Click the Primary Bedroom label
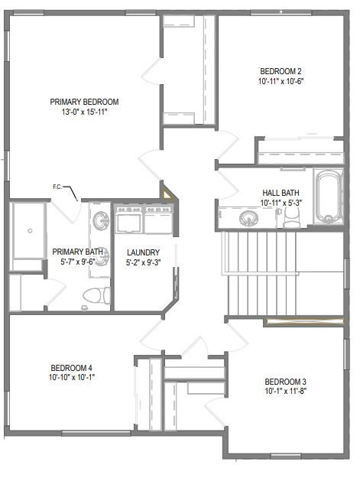click(84, 102)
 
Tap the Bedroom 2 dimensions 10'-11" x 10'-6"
click(281, 81)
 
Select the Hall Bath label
click(281, 193)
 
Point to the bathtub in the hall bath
click(328, 197)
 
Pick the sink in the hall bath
click(248, 218)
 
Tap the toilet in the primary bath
click(96, 295)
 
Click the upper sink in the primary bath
click(101, 221)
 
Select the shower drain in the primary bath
click(30, 231)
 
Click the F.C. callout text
click(57, 187)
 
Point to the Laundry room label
click(143, 252)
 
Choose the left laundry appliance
click(129, 219)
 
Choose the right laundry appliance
click(158, 219)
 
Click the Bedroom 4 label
click(71, 368)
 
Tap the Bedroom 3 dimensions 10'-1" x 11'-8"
click(285, 391)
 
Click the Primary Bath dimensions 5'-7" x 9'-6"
click(78, 262)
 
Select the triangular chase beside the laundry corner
click(166, 194)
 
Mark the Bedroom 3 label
click(285, 382)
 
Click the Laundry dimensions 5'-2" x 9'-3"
click(143, 262)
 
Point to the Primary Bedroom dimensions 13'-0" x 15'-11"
click(84, 112)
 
